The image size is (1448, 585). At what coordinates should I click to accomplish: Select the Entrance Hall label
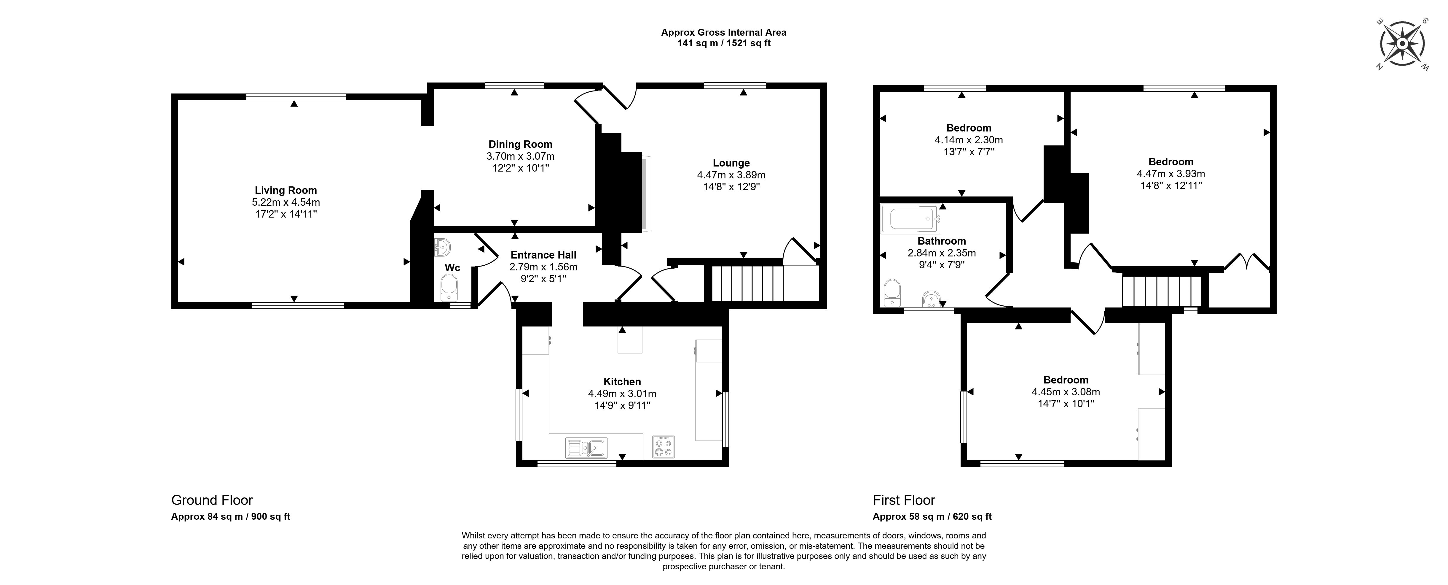pos(543,255)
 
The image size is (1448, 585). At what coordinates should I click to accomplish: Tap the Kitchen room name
pos(622,381)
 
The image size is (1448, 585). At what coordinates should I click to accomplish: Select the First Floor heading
pos(904,500)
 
